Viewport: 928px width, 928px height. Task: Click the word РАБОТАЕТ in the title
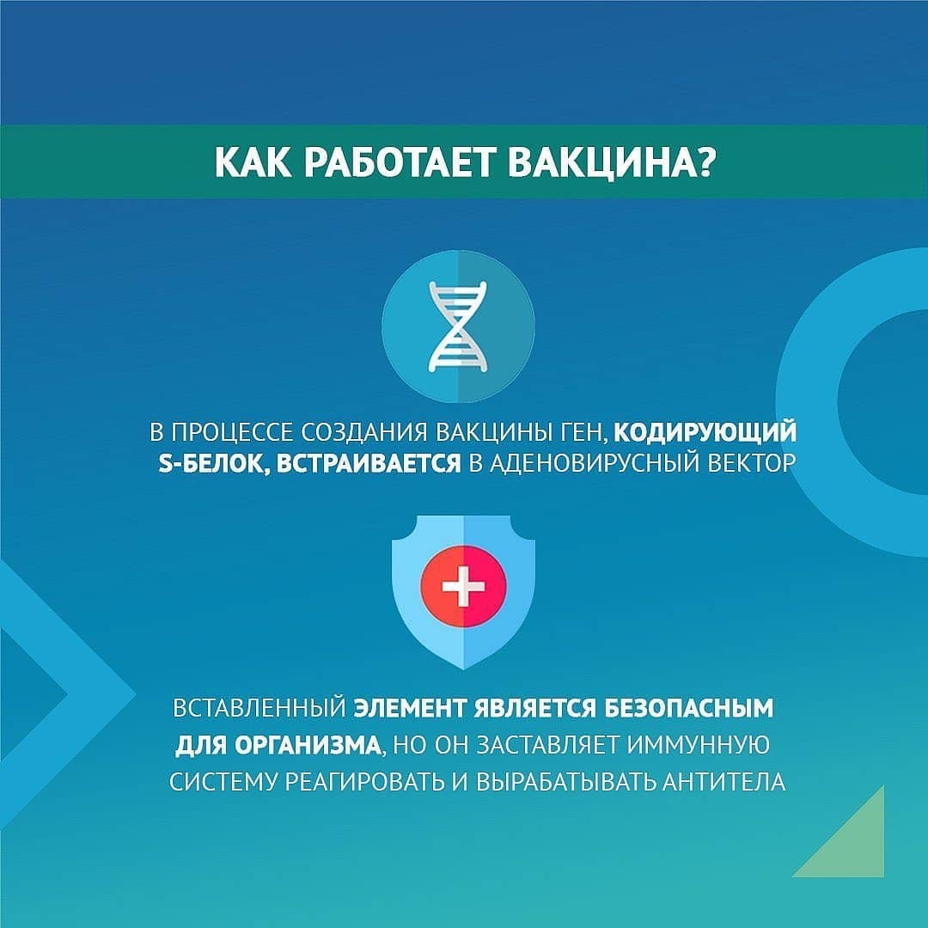pyautogui.click(x=399, y=162)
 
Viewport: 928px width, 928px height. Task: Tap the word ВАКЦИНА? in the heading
pyautogui.click(x=612, y=162)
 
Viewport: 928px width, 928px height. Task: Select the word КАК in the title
pyautogui.click(x=253, y=162)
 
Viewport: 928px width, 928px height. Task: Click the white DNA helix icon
pyautogui.click(x=458, y=327)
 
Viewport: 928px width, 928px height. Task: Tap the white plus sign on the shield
pyautogui.click(x=463, y=585)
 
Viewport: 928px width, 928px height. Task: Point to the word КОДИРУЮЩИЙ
pyautogui.click(x=705, y=432)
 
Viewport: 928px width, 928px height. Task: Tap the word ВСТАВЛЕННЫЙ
pyautogui.click(x=259, y=708)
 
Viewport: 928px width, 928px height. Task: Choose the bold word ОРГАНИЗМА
pyautogui.click(x=307, y=745)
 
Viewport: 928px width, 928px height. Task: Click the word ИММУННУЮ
pyautogui.click(x=699, y=745)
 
